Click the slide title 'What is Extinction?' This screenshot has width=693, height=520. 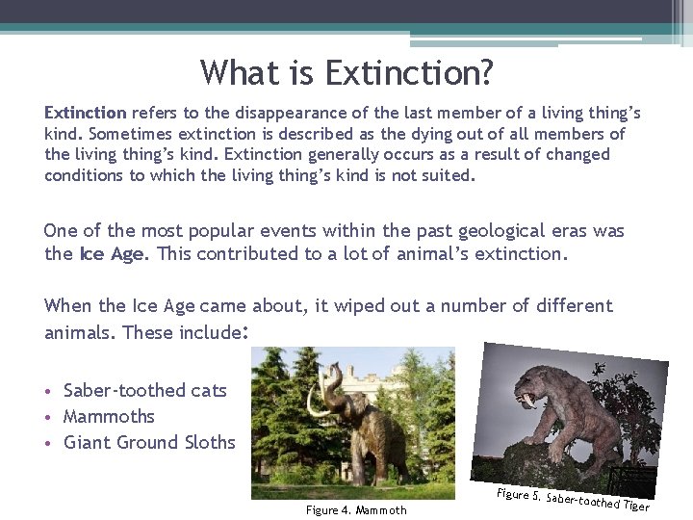tap(346, 72)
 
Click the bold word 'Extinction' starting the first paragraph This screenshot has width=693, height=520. tap(86, 113)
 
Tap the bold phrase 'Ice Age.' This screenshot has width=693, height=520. tap(114, 254)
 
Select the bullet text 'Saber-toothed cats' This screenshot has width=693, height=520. tap(145, 390)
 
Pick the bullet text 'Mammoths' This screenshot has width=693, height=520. tap(109, 417)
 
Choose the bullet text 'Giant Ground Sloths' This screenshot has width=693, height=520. tap(149, 442)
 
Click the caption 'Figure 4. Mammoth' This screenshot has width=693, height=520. tap(356, 510)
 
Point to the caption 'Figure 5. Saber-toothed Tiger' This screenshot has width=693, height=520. tap(574, 500)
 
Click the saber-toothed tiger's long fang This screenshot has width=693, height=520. tap(527, 401)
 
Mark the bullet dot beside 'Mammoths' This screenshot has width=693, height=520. tap(48, 417)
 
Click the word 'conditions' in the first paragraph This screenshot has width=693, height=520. tap(83, 175)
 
